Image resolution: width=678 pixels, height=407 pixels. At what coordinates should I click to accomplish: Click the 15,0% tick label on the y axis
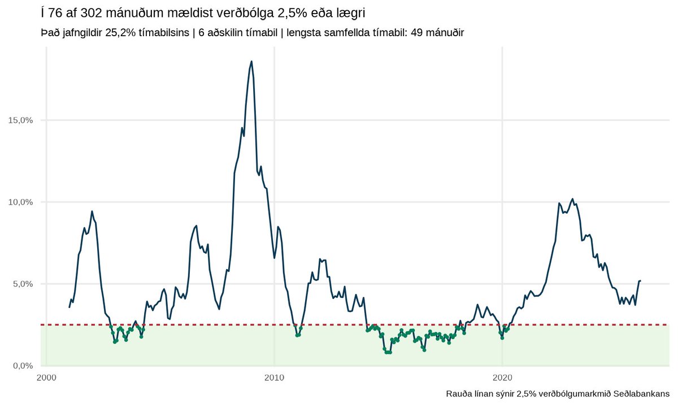point(21,120)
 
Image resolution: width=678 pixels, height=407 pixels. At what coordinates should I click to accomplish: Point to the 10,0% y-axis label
point(21,202)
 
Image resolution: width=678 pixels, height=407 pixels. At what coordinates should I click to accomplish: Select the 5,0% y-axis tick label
point(23,284)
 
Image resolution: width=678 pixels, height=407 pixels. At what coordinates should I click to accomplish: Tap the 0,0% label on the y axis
point(23,365)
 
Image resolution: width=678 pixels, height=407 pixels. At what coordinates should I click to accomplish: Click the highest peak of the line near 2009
point(251,61)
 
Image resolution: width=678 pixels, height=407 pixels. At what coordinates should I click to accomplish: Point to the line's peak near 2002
point(92,211)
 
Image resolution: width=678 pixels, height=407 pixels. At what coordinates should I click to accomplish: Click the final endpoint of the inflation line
point(640,280)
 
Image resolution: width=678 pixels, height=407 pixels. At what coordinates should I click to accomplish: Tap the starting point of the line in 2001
point(69,307)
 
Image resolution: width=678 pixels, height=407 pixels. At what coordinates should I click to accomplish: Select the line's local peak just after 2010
point(278,227)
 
